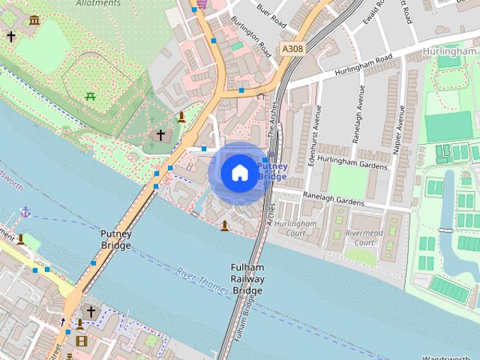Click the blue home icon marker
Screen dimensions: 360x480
click(x=238, y=172)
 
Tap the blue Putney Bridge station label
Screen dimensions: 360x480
click(x=272, y=171)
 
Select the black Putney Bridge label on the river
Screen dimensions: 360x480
click(x=116, y=239)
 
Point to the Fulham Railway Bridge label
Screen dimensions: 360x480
click(x=247, y=279)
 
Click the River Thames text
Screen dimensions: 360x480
click(x=203, y=278)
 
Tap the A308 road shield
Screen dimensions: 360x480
click(x=292, y=48)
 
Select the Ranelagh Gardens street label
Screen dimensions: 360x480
click(x=333, y=197)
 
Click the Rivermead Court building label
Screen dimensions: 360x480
click(x=364, y=237)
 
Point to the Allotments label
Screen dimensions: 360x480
click(x=98, y=3)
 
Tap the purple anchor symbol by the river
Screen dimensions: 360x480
click(x=25, y=212)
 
